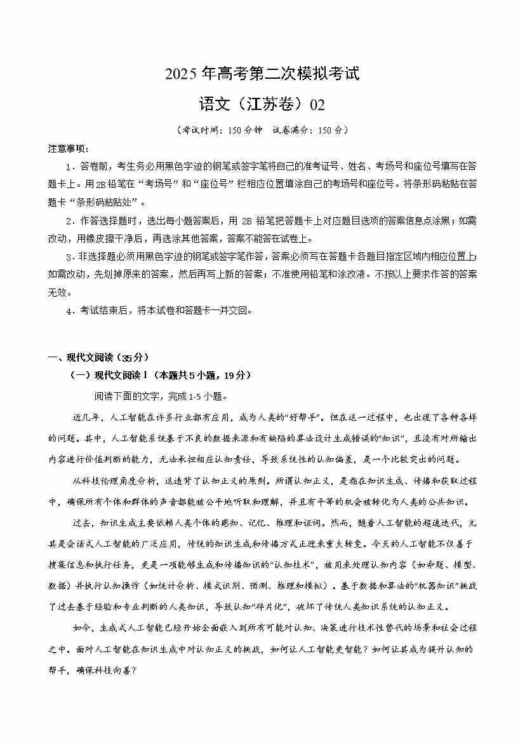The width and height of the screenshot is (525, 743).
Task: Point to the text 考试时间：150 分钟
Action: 213,130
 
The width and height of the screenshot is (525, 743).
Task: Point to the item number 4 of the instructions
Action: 68,311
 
